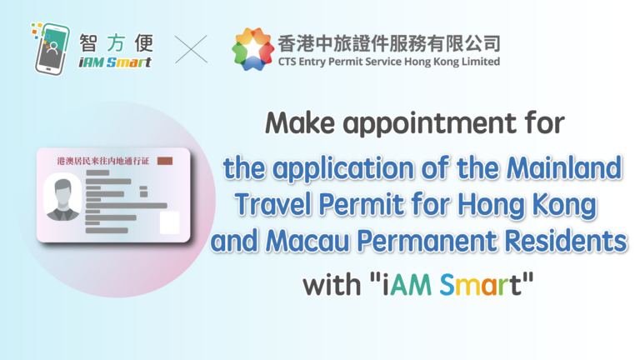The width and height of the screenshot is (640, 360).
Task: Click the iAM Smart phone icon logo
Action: pos(51,48)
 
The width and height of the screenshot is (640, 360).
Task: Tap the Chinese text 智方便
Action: pos(117,43)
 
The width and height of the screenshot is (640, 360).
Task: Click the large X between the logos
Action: pos(191,49)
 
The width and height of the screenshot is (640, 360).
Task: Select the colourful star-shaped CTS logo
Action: pos(252,49)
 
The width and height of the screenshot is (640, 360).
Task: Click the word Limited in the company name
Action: pos(481,62)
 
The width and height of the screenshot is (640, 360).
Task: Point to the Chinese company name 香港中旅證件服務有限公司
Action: pos(389,43)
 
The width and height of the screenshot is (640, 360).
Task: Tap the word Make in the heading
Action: pos(300,122)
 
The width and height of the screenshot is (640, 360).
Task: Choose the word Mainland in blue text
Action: pos(564,167)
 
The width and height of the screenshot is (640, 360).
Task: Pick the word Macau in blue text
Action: pos(307,241)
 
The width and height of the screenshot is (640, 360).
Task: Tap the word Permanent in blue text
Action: pos(427,241)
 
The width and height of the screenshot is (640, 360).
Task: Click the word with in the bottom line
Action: pos(332,284)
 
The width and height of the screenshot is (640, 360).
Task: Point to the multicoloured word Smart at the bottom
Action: pos(480,284)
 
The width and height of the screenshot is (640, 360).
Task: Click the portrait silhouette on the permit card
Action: pos(62,199)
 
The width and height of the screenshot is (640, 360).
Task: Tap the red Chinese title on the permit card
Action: pos(103,161)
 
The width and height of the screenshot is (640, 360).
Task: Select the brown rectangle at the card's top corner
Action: pos(165,161)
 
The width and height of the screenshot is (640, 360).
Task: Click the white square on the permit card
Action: pos(169,222)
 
